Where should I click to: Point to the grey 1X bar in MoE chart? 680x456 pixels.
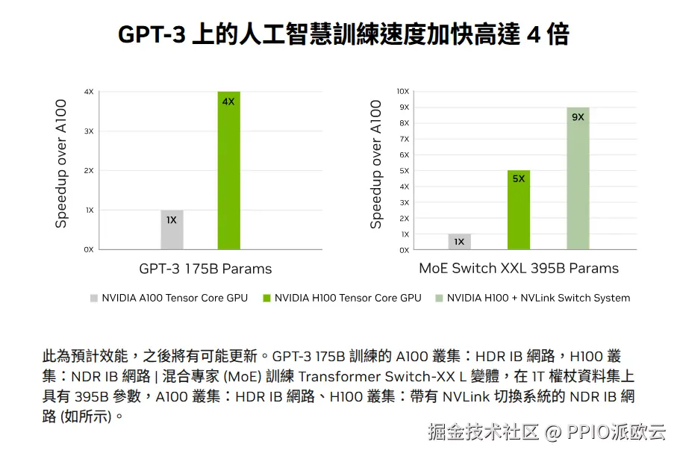point(459,241)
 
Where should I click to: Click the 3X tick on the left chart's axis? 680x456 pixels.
point(89,131)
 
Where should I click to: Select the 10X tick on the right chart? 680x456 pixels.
point(403,91)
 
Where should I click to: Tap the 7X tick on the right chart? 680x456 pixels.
point(404,139)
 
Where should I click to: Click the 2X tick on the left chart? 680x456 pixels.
point(89,171)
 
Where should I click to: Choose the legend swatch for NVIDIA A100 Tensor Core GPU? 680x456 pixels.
point(94,298)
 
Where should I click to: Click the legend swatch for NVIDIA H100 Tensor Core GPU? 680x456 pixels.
point(266,298)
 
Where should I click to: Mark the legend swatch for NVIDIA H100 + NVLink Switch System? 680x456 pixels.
point(440,298)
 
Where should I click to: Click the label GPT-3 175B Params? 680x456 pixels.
point(205,269)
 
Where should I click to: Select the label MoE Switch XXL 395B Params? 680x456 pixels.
point(519,269)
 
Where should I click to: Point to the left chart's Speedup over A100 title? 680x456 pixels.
point(61,163)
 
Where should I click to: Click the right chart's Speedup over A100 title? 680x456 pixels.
point(376,163)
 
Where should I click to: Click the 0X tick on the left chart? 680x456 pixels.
point(89,249)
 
